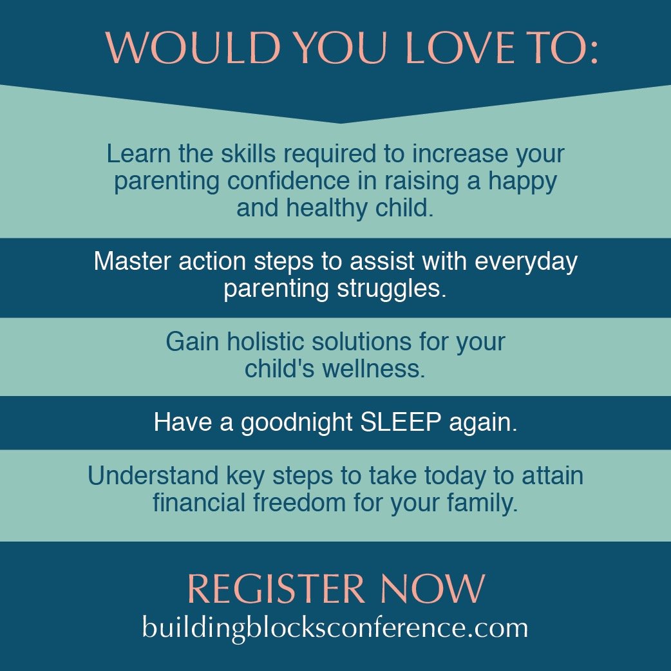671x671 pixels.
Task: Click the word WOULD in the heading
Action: point(193,47)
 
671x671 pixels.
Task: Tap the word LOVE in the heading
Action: point(459,47)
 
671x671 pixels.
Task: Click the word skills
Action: point(248,153)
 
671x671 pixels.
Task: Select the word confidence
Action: point(288,180)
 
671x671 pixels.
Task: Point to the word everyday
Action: point(526,262)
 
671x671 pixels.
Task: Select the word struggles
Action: point(392,289)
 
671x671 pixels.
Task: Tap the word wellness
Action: point(373,368)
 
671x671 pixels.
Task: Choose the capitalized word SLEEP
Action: point(401,422)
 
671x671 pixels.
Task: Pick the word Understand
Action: point(153,475)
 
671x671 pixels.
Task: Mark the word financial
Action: point(198,502)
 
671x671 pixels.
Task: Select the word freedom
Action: point(299,502)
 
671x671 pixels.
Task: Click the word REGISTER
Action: point(276,589)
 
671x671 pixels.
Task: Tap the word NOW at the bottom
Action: point(433,589)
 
